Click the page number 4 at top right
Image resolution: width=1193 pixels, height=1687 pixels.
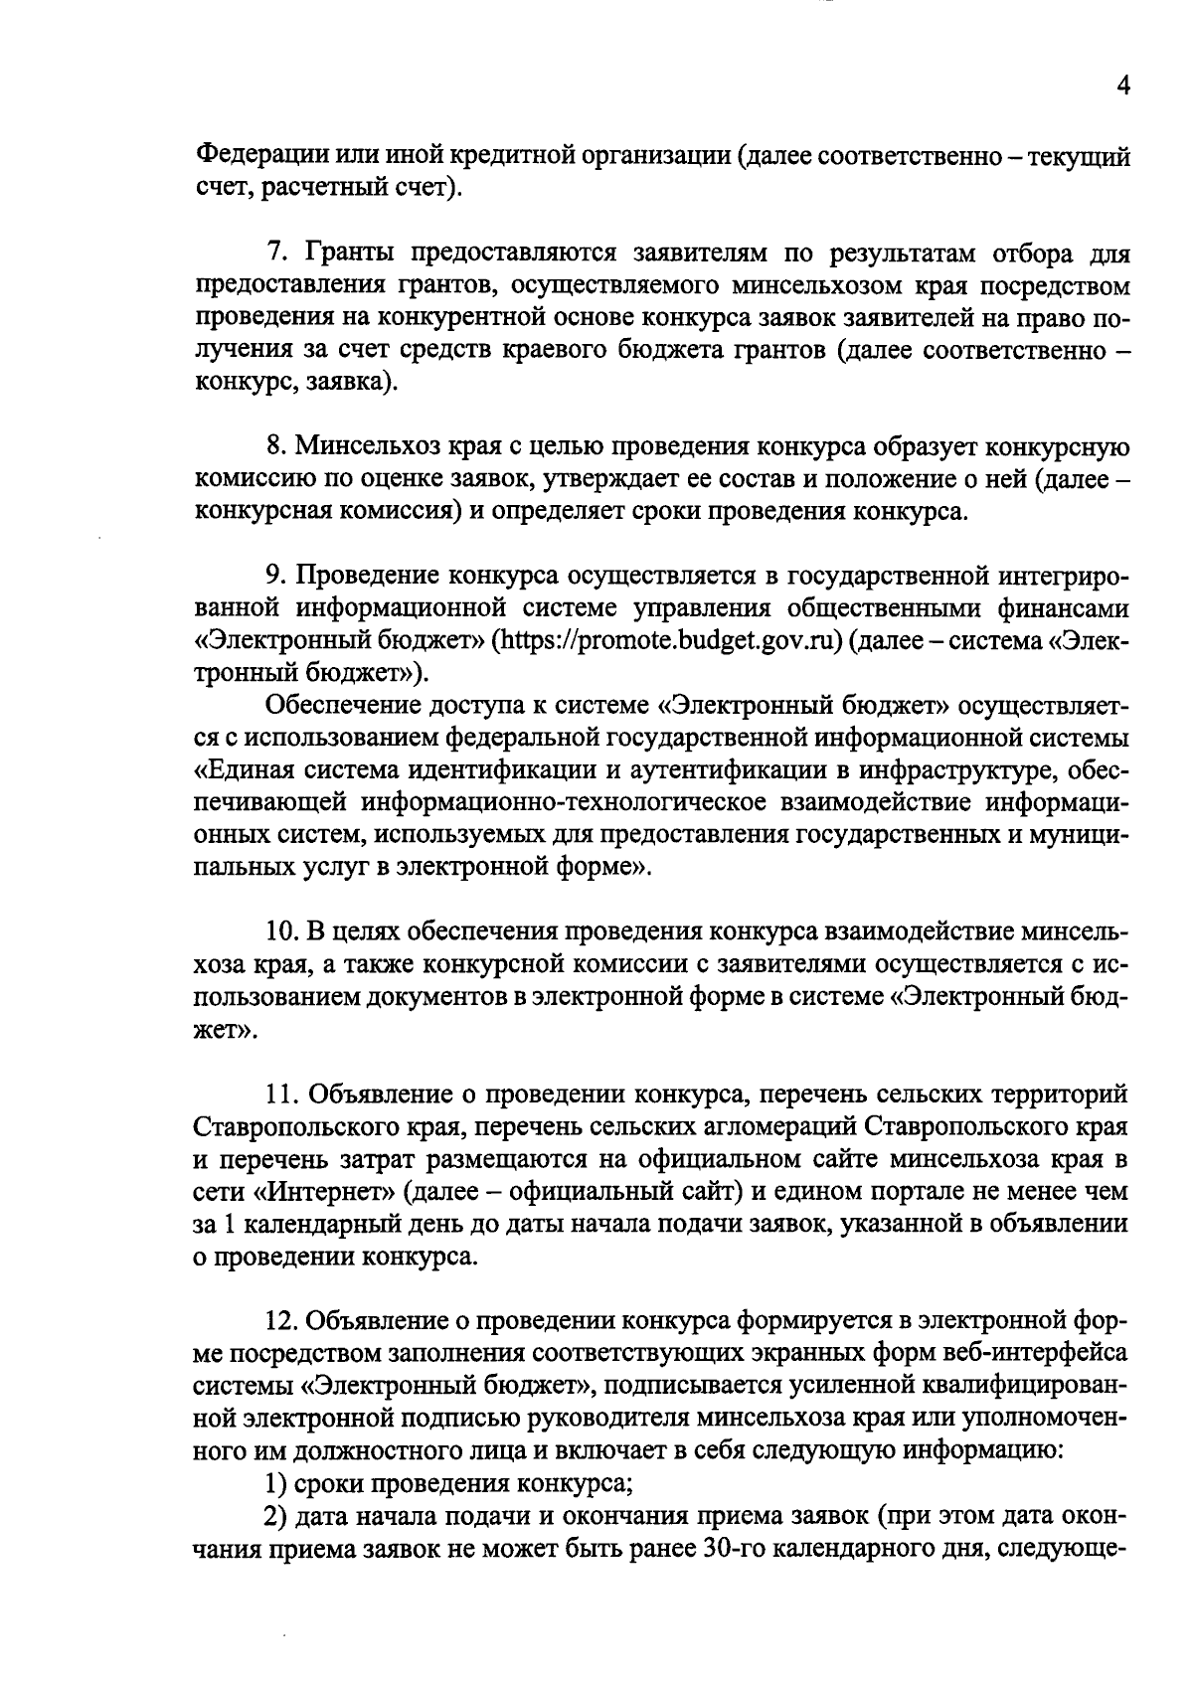tap(1122, 86)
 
